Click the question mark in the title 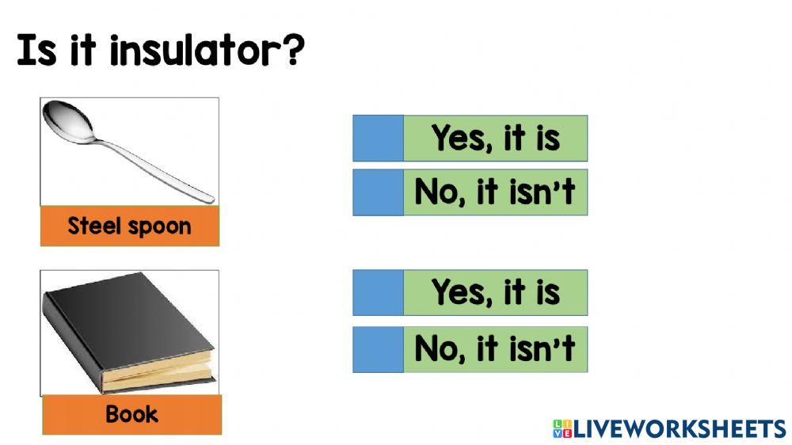[x=292, y=50]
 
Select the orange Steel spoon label [x=129, y=226]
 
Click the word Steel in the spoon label [x=93, y=226]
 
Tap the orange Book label [x=131, y=414]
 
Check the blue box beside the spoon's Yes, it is [x=378, y=139]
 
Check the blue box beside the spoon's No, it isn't [x=378, y=192]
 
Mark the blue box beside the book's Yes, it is [x=378, y=293]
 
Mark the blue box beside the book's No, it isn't [x=378, y=349]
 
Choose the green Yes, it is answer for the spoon [x=495, y=139]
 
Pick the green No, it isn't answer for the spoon [x=495, y=192]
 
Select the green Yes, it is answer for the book [x=495, y=293]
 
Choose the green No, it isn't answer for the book [x=495, y=349]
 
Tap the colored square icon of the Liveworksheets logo [x=562, y=429]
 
